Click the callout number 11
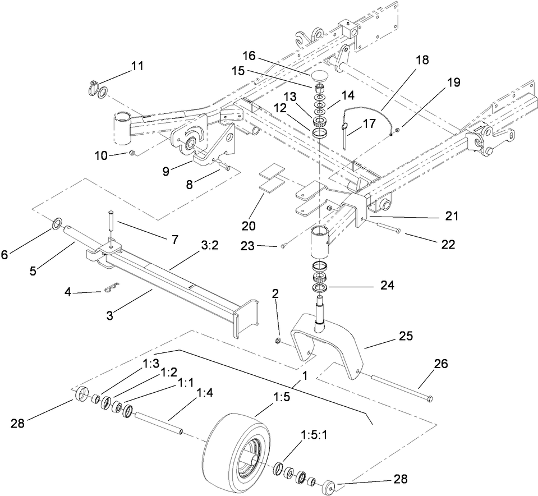point(137,66)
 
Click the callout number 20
point(249,226)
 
